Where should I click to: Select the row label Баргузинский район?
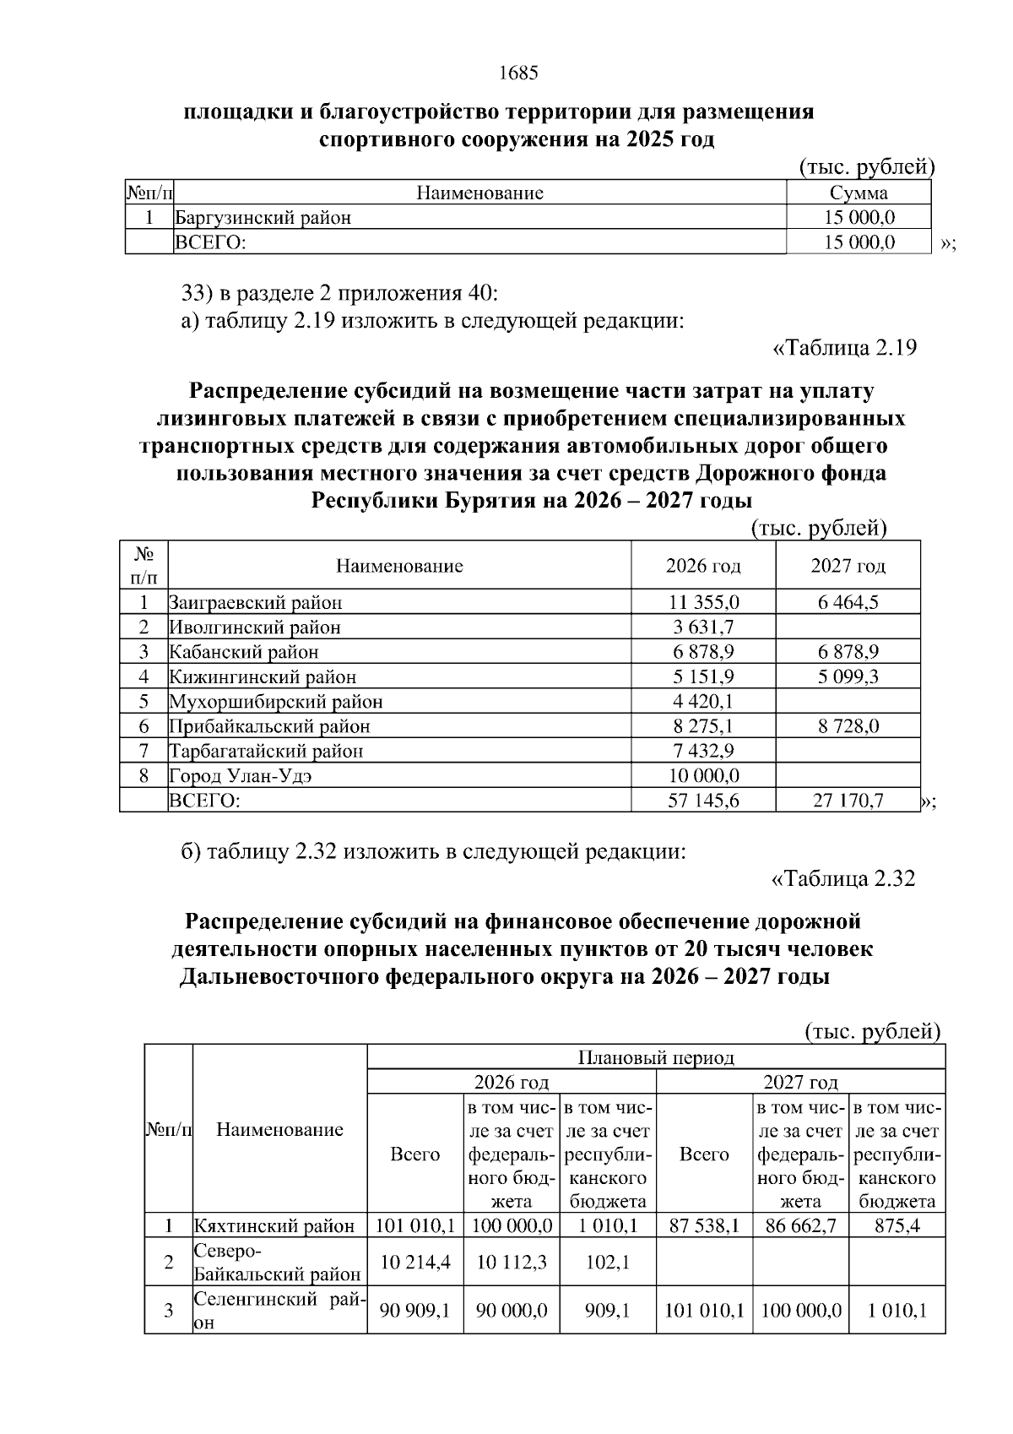(263, 218)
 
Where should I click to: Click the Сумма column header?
(859, 193)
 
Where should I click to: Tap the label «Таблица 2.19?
(845, 348)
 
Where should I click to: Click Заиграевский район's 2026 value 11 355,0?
(703, 603)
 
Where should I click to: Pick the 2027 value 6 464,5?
(848, 603)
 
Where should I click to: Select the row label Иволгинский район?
(255, 627)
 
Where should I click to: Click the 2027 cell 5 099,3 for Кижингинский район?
(848, 677)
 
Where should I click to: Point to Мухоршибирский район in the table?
(276, 702)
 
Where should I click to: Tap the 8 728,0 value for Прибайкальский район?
(848, 726)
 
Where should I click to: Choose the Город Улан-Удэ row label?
(246, 775)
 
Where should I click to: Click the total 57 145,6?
(703, 801)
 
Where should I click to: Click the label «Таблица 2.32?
(843, 879)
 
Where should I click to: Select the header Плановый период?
(656, 1057)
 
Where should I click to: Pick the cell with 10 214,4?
(415, 1263)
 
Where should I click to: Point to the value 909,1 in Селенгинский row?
(608, 1311)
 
